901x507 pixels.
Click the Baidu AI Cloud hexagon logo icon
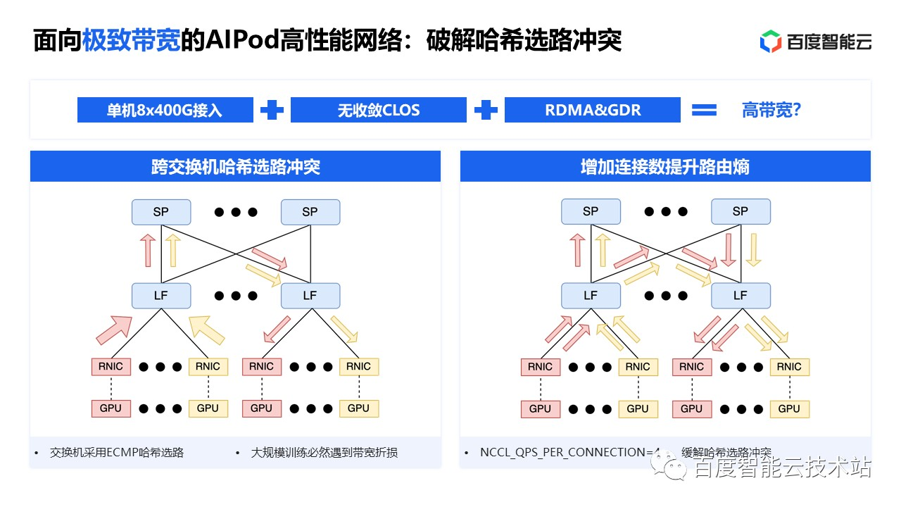771,42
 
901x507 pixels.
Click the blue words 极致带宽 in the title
131,41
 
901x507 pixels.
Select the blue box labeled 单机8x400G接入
165,111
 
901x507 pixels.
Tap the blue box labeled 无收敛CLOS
379,111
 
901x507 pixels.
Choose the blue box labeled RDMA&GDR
593,111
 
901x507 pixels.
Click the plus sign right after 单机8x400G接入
272,111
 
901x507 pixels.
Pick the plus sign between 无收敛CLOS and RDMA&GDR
486,111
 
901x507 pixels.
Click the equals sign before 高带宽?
704,111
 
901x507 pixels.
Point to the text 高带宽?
771,111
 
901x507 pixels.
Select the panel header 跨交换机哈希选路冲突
235,167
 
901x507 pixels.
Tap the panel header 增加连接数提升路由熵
664,167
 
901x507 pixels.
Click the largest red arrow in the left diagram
113,328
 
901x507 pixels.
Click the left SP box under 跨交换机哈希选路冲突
161,212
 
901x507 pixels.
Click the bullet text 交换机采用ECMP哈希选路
117,453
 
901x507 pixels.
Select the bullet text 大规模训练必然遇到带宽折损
324,453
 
